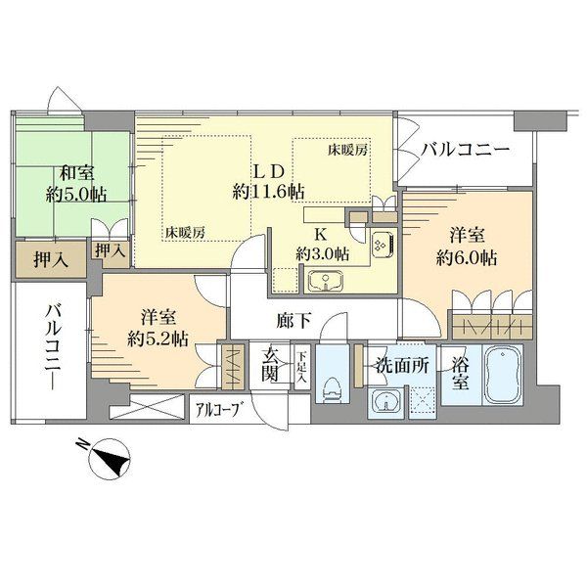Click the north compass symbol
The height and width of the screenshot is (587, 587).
(x=110, y=459)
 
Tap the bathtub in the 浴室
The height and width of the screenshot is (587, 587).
(x=503, y=375)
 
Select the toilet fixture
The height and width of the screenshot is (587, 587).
(x=332, y=389)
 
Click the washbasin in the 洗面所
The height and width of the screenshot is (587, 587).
(x=385, y=402)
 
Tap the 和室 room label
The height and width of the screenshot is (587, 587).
(x=77, y=174)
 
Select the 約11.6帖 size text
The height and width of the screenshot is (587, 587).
(x=268, y=192)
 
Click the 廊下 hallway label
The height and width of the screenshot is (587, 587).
(x=293, y=321)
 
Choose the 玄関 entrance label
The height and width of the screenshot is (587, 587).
(x=270, y=364)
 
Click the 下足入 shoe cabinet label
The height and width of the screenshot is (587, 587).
(x=302, y=367)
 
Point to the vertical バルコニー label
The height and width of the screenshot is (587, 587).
(x=53, y=347)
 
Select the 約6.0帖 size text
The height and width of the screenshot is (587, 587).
(x=467, y=258)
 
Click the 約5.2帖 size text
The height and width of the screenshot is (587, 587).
(x=158, y=339)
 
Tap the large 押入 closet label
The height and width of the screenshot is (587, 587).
(x=51, y=259)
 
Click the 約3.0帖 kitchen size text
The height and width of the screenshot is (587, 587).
(x=322, y=254)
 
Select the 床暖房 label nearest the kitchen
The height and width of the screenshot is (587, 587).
(x=347, y=150)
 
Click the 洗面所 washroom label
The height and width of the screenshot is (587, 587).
(x=402, y=365)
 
